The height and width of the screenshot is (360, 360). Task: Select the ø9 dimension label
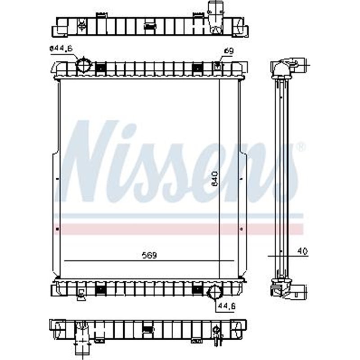coord(229,51)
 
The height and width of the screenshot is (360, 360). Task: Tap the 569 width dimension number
coord(150,255)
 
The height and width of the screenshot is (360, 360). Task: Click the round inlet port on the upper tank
coord(83,66)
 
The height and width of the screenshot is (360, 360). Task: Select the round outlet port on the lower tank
coord(213,292)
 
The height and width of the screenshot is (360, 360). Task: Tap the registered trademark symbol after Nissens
coord(301,147)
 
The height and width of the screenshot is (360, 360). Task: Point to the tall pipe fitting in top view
coord(216,16)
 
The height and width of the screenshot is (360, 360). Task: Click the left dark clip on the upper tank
coord(100,68)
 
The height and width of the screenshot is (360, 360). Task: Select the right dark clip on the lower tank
coord(196,289)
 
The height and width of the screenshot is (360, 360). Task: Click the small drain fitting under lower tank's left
coord(81,295)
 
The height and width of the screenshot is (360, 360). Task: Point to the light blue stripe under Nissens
coord(180,216)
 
